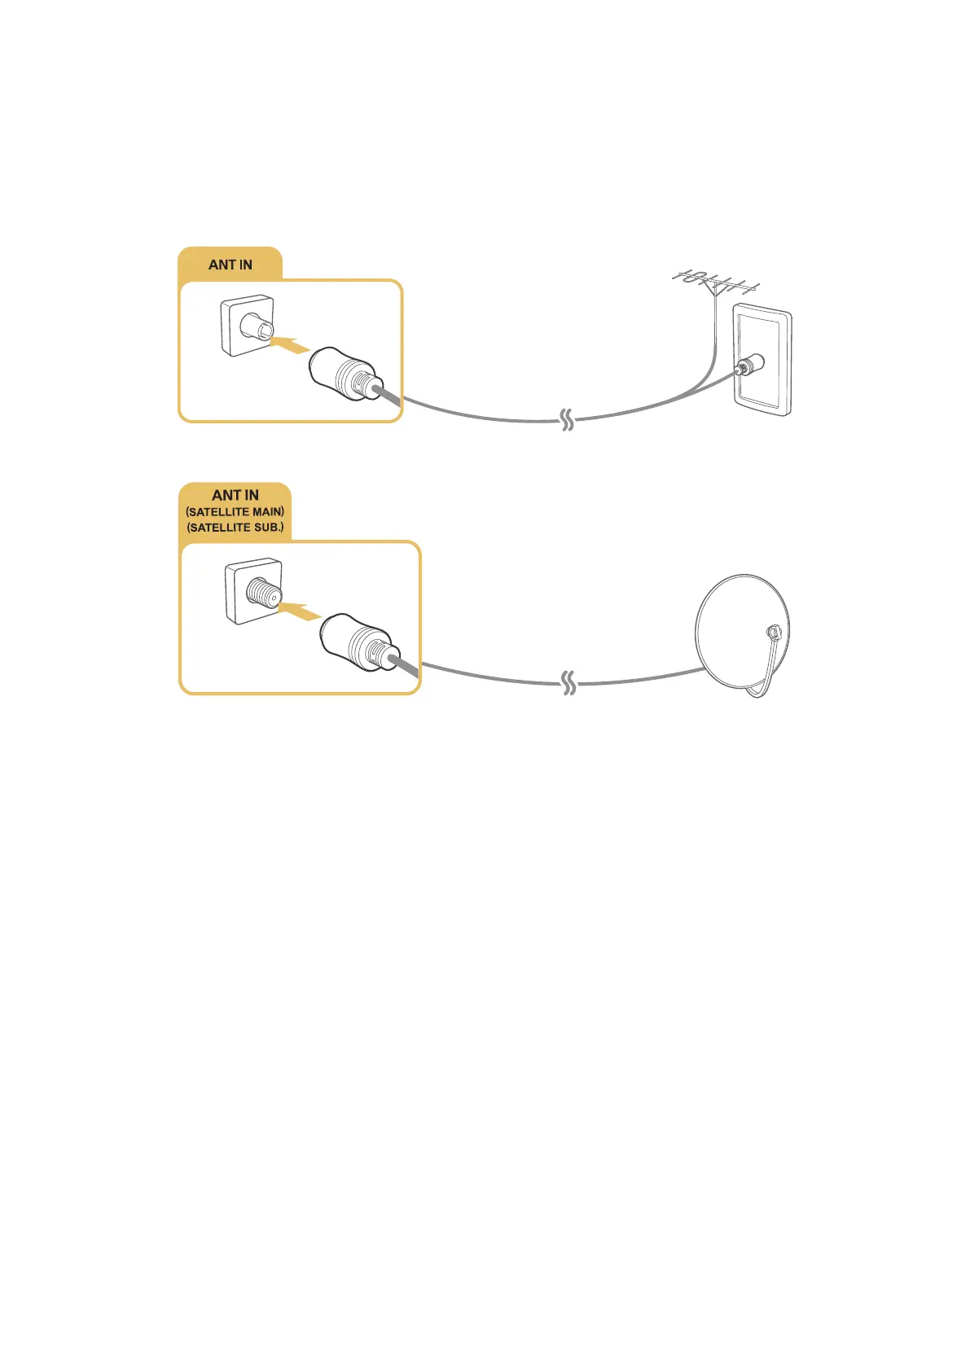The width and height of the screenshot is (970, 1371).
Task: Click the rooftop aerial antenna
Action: [715, 284]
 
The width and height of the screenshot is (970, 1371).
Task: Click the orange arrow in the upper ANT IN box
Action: [291, 346]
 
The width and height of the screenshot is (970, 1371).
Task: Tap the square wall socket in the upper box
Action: [247, 326]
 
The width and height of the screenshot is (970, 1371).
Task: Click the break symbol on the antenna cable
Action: [568, 421]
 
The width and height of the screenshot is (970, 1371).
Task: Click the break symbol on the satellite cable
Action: [569, 685]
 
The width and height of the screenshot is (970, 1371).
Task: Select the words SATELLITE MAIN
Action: [235, 512]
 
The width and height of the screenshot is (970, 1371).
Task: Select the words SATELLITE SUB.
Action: [235, 528]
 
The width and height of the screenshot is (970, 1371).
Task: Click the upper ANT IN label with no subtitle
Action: [230, 265]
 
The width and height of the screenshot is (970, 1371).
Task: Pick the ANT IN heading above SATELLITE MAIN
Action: [235, 495]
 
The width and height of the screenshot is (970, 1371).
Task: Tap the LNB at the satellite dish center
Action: [772, 632]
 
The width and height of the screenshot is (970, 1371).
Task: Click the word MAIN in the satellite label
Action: [267, 512]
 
